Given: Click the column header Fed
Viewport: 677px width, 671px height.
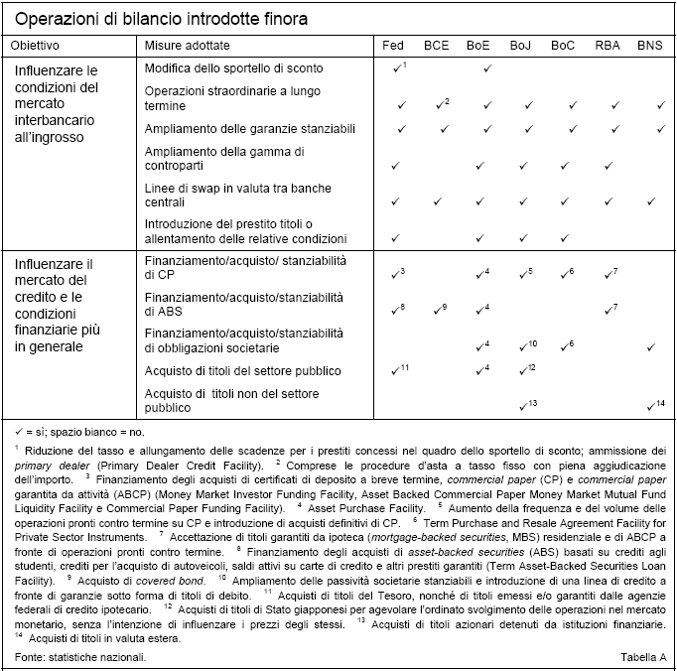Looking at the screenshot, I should pos(394,46).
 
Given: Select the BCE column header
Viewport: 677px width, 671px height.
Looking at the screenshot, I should pos(436,46).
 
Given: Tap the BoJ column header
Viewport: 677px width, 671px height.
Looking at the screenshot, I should pos(521,46).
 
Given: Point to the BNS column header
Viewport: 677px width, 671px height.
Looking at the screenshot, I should pos(650,46).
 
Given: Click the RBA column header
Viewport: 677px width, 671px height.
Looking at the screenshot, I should pos(608,46).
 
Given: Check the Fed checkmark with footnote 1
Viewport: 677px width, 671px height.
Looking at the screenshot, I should pos(398,67).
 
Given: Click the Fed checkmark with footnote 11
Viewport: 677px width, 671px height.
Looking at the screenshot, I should pos(398,370).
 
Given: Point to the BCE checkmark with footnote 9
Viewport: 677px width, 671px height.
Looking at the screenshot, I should pos(440,310).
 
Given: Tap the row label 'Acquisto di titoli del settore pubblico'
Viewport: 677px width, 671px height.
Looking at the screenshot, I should pos(243,371).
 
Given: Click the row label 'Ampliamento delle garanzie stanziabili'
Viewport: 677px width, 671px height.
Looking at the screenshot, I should pos(249,129).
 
